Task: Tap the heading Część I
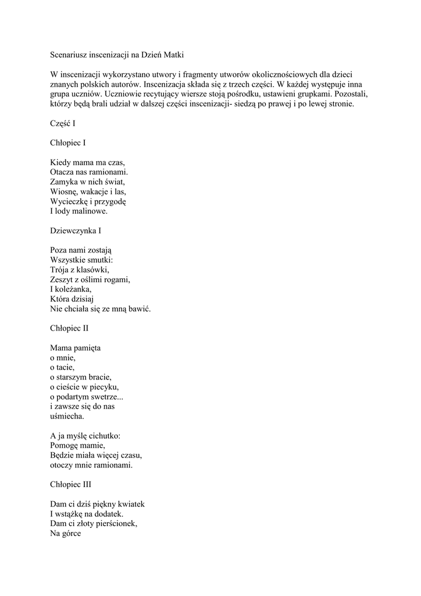click(x=63, y=123)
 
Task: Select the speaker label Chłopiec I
click(x=68, y=142)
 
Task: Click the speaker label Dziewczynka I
click(x=76, y=230)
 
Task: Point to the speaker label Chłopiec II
click(x=69, y=328)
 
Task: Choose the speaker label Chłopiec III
click(x=70, y=484)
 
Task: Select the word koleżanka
click(x=73, y=289)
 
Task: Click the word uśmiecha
click(x=67, y=416)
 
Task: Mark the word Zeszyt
click(x=62, y=279)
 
